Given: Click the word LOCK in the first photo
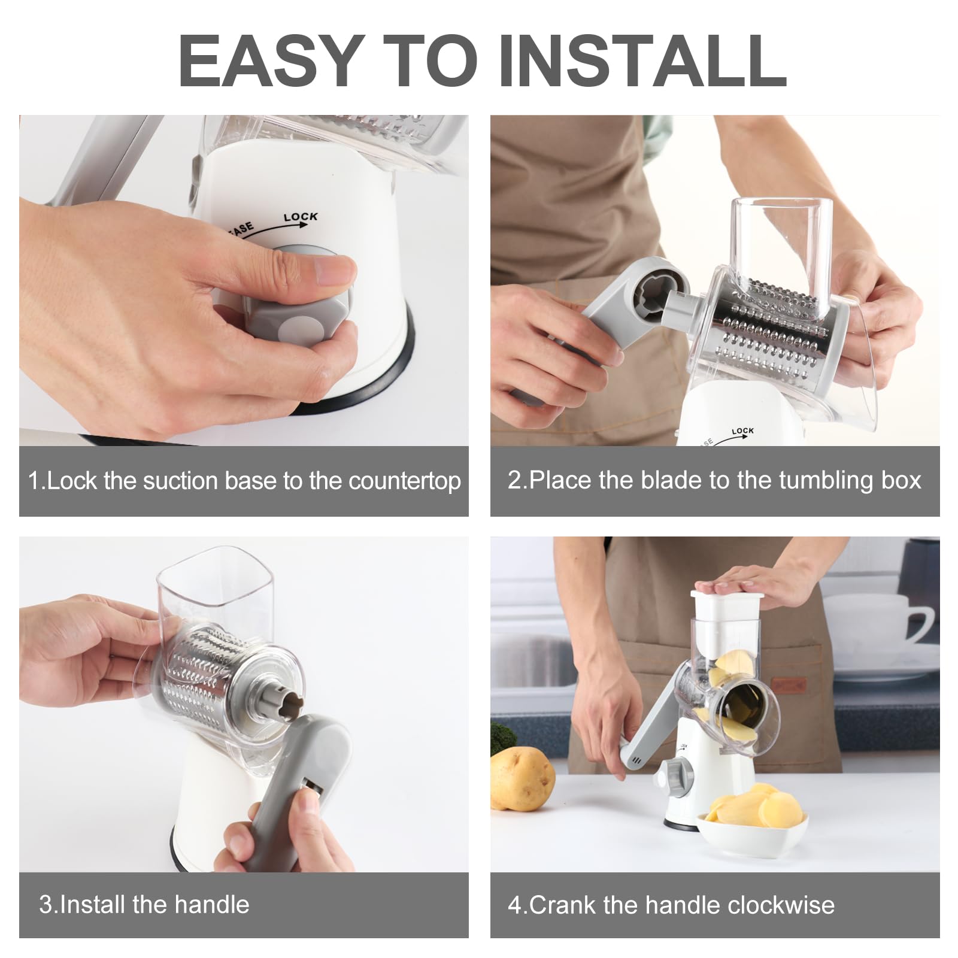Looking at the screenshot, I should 301,217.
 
